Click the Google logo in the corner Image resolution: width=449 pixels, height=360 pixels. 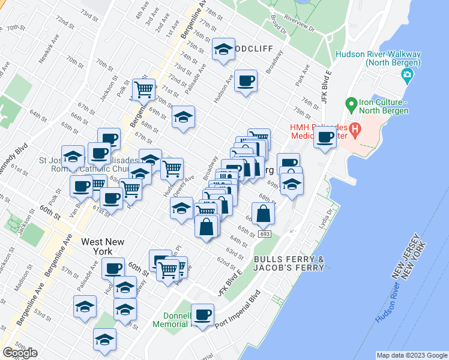[20, 353]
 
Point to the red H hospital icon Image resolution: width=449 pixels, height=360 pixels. [355, 128]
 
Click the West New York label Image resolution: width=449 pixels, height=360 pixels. [103, 247]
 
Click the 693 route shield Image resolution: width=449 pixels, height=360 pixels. [265, 233]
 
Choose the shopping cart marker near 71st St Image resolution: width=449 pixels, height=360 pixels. [144, 90]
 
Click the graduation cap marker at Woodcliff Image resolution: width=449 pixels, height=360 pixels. [223, 50]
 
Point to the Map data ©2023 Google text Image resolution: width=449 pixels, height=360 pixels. [411, 355]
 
